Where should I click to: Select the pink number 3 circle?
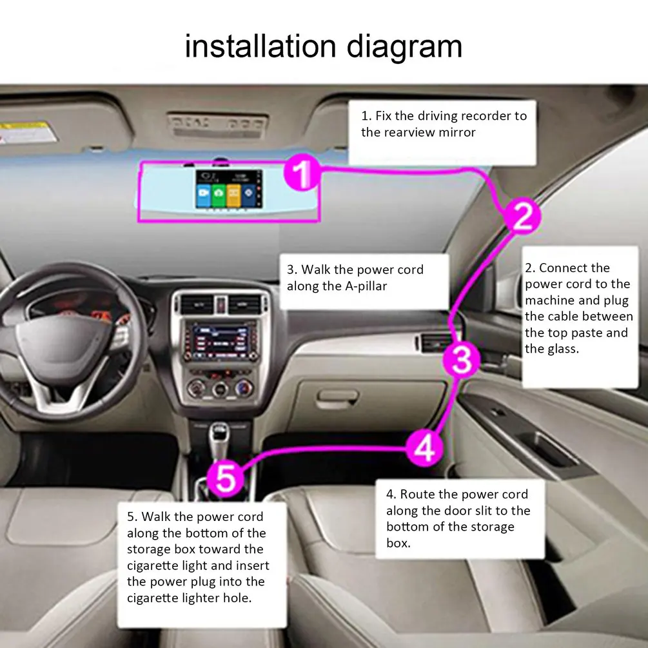pos(462,359)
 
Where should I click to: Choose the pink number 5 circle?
pos(228,478)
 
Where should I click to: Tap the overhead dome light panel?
pos(217,124)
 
